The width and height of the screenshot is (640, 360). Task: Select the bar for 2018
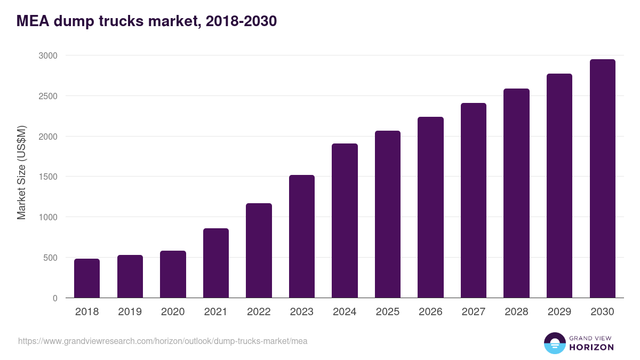(87, 278)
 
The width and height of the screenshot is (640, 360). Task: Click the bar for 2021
(216, 263)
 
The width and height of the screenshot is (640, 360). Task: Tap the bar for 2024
(345, 221)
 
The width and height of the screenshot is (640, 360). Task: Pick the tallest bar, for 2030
(602, 179)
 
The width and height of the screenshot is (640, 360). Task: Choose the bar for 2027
(474, 201)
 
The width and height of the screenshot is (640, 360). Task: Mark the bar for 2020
(173, 274)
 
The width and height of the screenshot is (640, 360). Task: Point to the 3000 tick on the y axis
(47, 55)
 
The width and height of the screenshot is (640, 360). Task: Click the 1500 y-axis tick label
(47, 177)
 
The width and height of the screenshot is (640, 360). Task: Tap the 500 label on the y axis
(50, 258)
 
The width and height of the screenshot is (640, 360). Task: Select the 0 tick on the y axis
(55, 298)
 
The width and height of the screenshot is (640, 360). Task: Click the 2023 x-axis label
(302, 312)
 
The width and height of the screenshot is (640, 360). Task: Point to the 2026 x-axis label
(430, 312)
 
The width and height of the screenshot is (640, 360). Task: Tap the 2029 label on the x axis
(559, 312)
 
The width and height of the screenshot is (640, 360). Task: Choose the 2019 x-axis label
(130, 312)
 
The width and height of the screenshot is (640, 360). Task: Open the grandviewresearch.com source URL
(163, 341)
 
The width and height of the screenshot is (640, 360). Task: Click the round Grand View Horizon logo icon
(554, 343)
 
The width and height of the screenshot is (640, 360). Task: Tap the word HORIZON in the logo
(591, 347)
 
